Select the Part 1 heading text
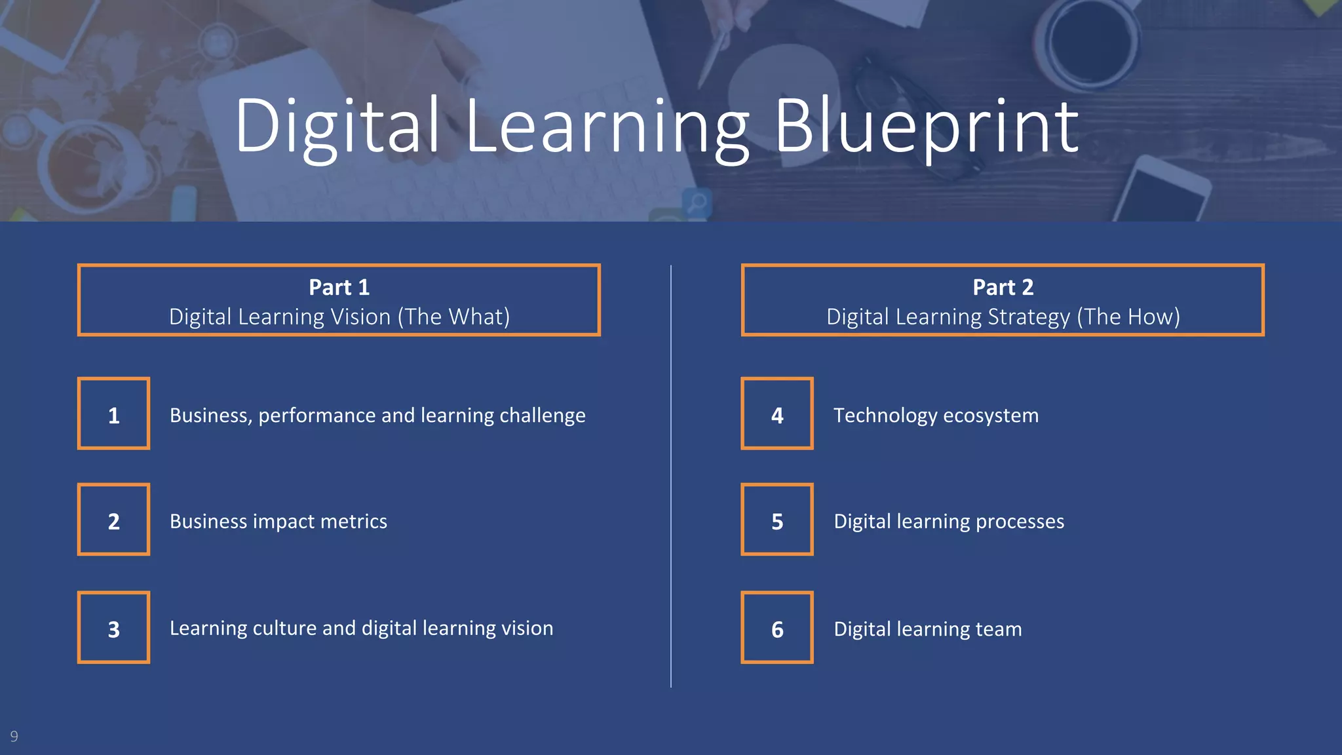point(339,287)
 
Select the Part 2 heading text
point(1003,287)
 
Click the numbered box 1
point(114,414)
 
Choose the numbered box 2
point(114,520)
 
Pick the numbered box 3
point(114,627)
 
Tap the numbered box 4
point(777,414)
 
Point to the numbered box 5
point(777,520)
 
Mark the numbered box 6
point(777,627)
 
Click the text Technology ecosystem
point(936,416)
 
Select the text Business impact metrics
point(278,521)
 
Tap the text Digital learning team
point(927,629)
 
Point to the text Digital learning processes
point(949,521)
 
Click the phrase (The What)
point(453,317)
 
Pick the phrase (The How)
point(1128,317)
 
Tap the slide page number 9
point(14,736)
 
